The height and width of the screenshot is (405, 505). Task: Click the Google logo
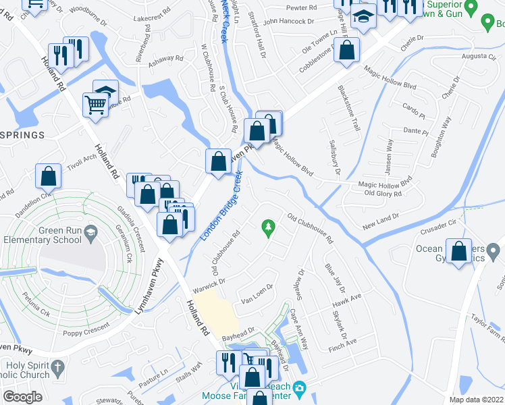(x=22, y=396)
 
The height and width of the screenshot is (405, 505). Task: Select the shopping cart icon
(x=96, y=105)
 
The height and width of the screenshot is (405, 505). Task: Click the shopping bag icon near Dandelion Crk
(x=49, y=176)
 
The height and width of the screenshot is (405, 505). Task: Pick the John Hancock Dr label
(x=289, y=21)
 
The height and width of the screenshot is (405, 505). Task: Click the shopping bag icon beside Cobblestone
(x=346, y=50)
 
